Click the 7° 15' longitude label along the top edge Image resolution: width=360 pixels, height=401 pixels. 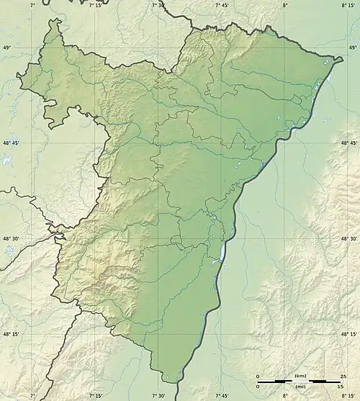pos(96,5)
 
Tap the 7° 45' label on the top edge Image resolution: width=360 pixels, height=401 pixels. pos(222,5)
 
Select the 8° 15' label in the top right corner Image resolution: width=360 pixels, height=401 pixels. pos(348,5)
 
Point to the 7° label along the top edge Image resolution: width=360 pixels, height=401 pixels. pos(33,5)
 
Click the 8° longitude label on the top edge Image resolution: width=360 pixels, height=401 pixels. pos(286,5)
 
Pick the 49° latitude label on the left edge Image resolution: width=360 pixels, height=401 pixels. pos(9,48)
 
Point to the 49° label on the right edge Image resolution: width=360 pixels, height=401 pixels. pos(351,48)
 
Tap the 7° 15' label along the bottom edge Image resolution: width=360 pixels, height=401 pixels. pos(96,395)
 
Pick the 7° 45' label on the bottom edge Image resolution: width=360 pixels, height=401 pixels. pos(222,395)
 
